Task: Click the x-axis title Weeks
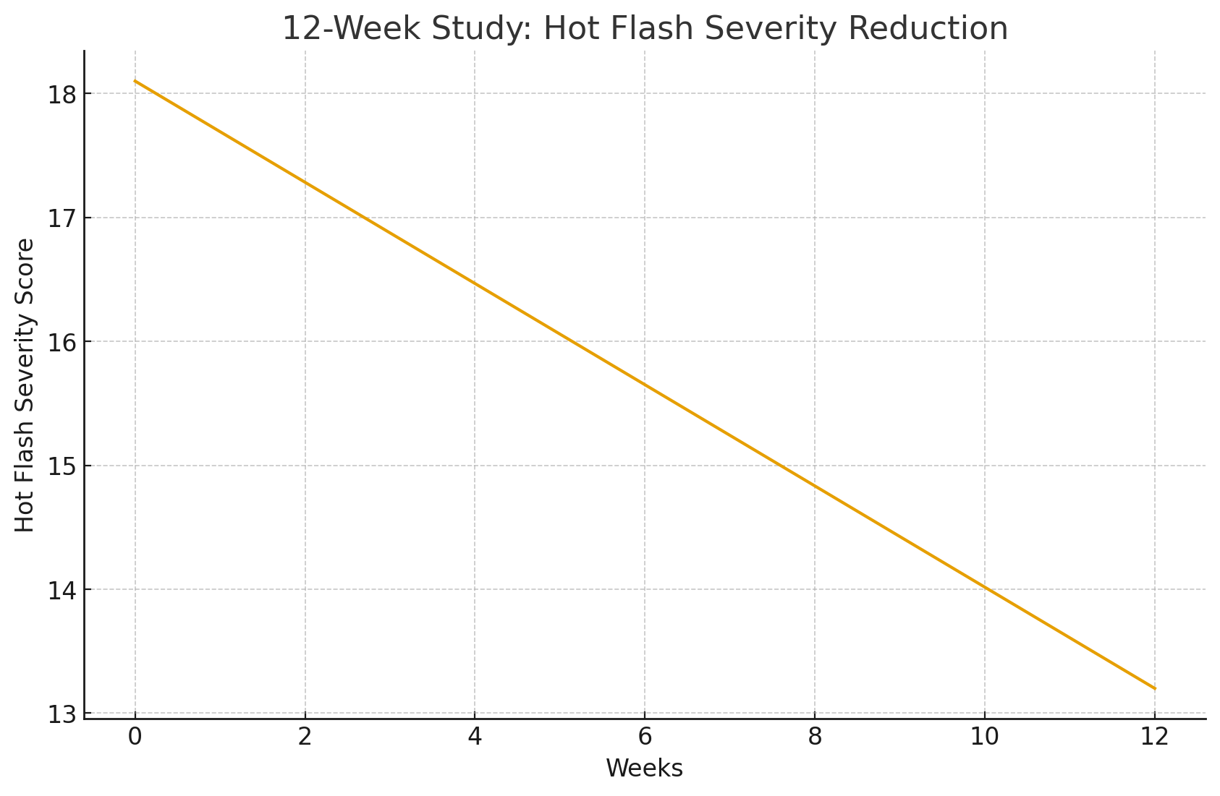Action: tap(644, 769)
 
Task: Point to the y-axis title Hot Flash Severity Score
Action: tap(25, 385)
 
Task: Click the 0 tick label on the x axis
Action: tap(135, 737)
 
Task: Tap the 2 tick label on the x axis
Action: tap(305, 737)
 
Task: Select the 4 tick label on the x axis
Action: tap(475, 737)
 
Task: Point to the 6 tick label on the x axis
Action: tap(645, 737)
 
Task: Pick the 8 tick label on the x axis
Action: tap(815, 737)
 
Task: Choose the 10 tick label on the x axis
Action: tap(985, 737)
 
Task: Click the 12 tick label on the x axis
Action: tap(1155, 737)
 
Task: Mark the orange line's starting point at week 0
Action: tap(135, 81)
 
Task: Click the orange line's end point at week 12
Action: tap(1155, 688)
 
